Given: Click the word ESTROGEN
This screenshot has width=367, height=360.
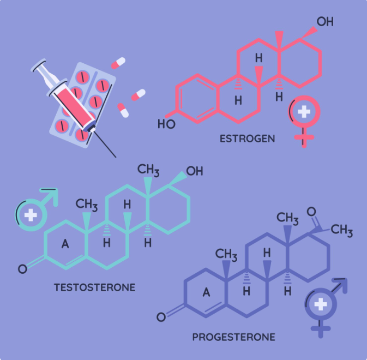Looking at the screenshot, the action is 247,139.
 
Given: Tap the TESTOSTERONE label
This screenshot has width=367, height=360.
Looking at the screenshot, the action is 94,287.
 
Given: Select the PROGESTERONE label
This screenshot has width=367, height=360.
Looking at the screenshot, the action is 233,337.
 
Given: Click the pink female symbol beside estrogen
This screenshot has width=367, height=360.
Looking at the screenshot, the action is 304,119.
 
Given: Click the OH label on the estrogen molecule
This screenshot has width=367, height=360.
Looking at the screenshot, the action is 325,22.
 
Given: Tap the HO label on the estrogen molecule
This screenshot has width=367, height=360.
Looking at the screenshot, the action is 166,124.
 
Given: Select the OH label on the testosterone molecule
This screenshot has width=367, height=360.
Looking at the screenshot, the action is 194,172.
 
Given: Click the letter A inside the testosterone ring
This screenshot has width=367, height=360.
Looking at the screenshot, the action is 65,244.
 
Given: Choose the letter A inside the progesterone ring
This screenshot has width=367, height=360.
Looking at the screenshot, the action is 206,292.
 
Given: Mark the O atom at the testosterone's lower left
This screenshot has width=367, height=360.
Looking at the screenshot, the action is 22,269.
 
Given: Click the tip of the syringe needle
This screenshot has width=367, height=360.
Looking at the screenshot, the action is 116,157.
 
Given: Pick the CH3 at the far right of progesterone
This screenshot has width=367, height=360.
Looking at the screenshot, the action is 342,230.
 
